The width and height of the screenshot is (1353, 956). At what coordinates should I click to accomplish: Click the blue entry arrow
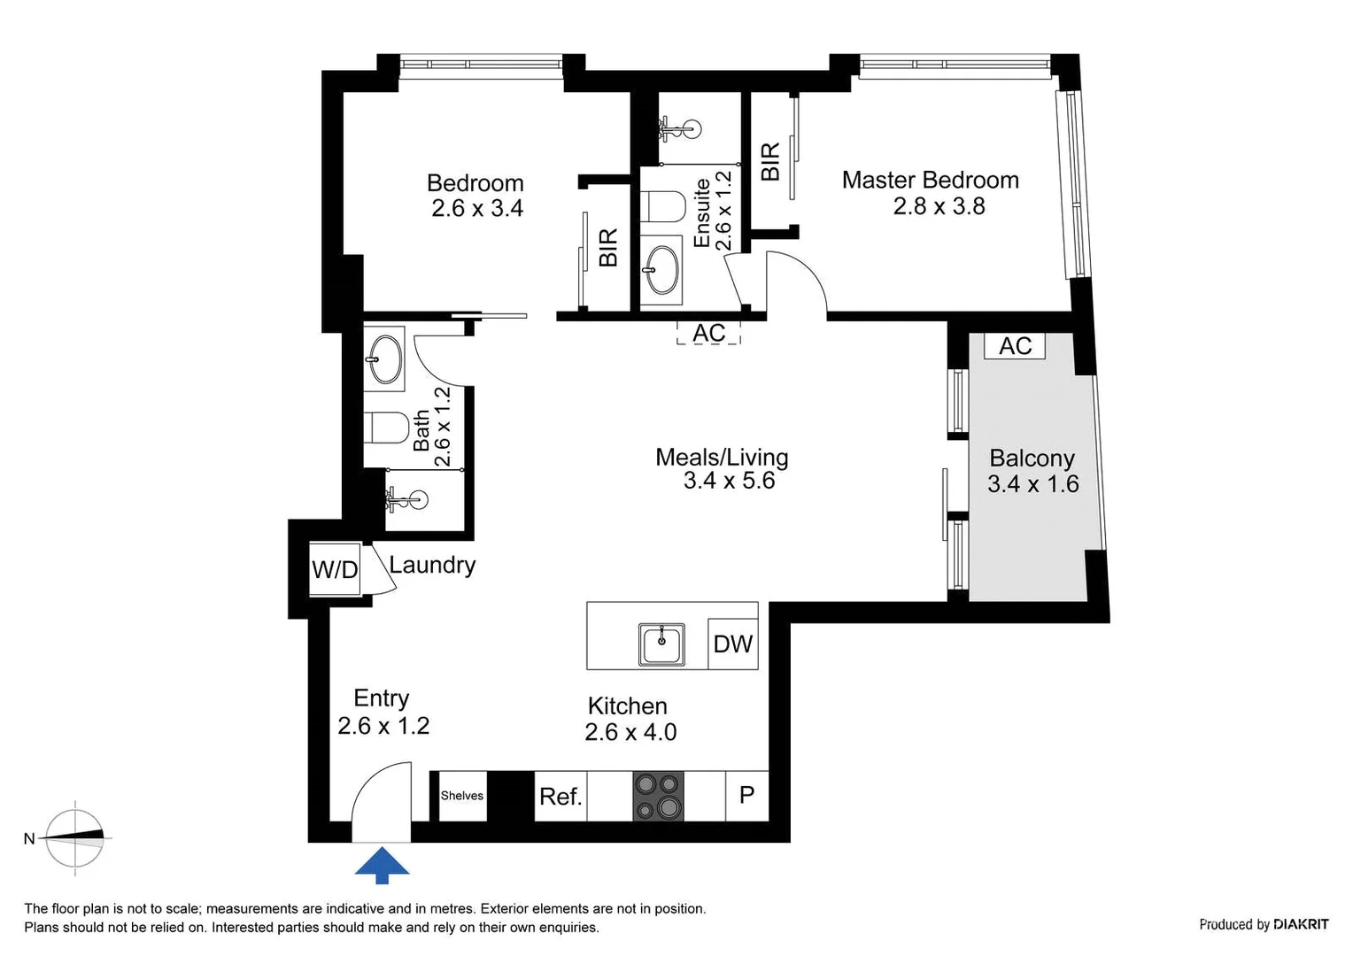383,865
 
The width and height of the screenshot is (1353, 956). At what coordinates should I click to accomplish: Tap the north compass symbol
75,837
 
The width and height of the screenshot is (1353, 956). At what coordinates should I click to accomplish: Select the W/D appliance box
335,569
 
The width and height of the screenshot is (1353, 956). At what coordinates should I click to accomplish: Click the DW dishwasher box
732,644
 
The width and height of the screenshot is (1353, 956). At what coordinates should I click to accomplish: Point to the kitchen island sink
661,644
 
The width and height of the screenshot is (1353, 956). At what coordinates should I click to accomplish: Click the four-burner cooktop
658,796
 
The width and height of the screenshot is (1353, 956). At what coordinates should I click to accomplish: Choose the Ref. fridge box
561,797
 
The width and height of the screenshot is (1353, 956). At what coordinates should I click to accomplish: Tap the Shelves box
462,796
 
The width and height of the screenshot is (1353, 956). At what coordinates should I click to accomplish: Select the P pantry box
746,796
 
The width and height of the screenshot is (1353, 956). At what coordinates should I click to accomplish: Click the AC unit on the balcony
1015,346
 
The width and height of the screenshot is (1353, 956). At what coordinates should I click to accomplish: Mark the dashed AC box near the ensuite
708,333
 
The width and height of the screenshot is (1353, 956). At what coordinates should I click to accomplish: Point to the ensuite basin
661,269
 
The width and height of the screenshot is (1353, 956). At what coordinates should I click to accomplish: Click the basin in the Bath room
384,359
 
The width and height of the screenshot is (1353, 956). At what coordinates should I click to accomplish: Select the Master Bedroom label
930,181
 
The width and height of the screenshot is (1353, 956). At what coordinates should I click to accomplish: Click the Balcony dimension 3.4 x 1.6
1032,484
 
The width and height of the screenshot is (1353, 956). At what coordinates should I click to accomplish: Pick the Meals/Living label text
722,458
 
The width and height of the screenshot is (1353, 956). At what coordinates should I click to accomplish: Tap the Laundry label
432,565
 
